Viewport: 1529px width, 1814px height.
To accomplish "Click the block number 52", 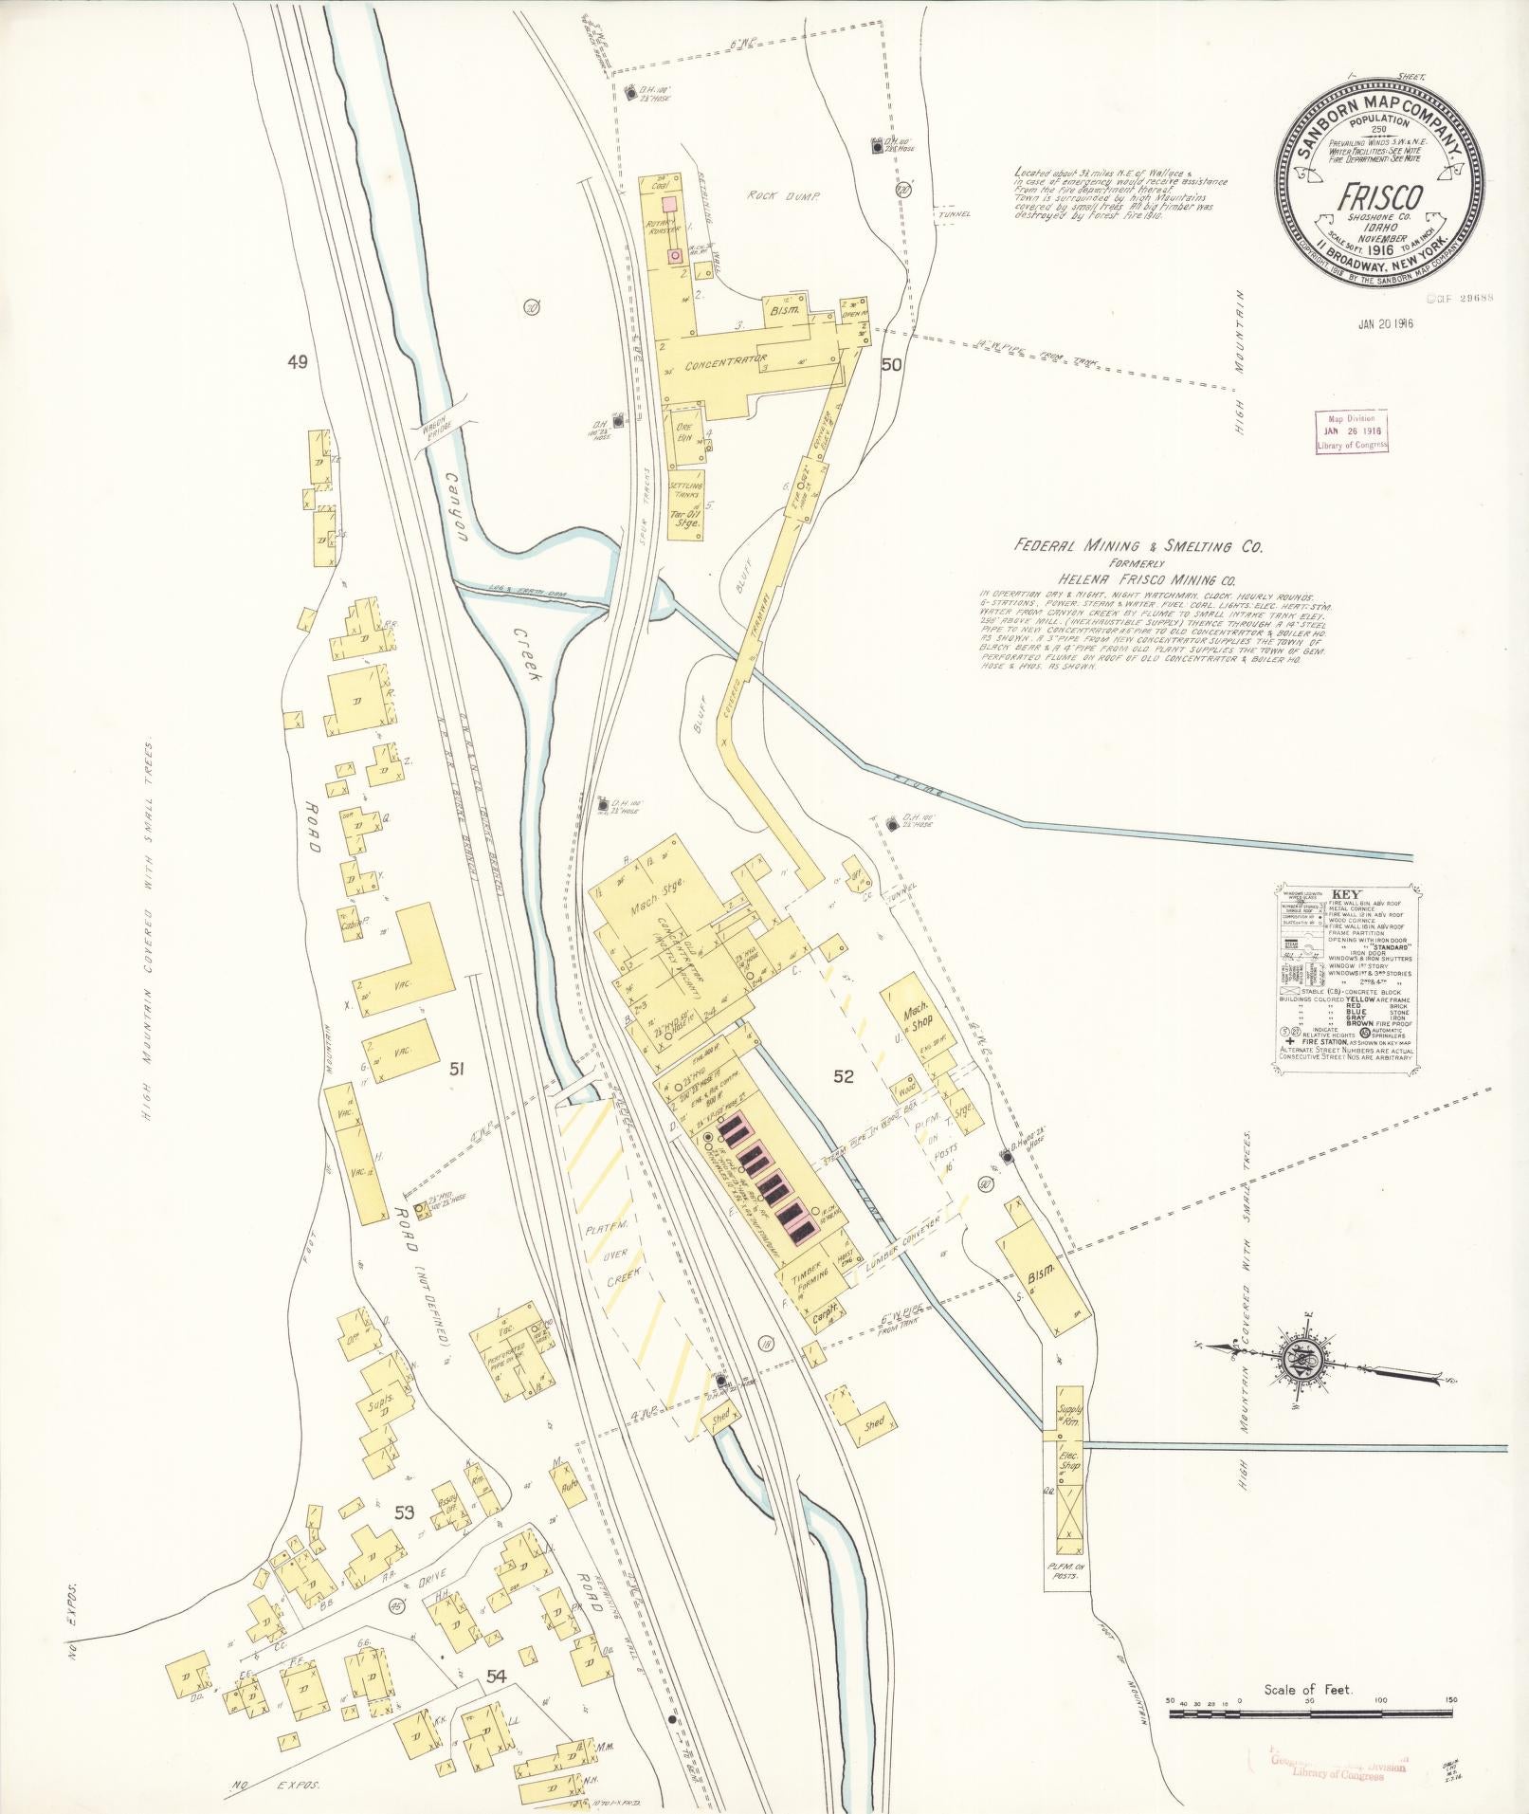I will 844,1076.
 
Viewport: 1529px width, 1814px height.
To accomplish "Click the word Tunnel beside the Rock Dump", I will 954,213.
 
